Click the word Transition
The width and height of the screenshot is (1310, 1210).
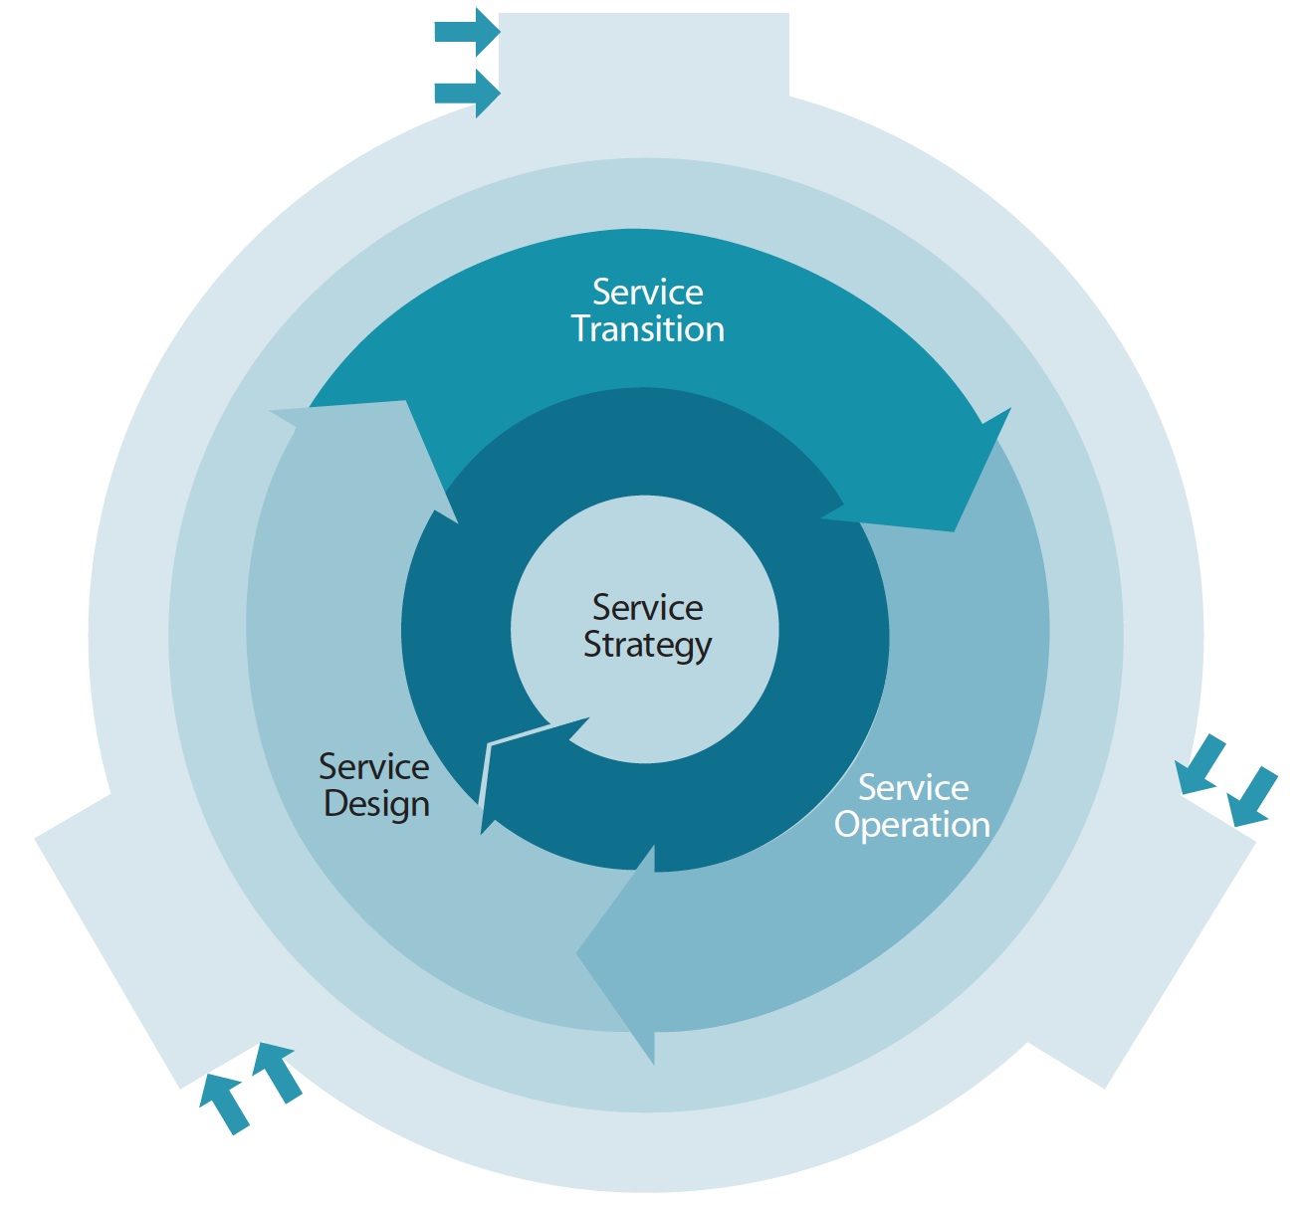[x=648, y=329]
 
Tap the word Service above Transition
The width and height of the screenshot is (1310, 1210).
[x=648, y=293]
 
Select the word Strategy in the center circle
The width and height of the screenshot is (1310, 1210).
[x=648, y=646]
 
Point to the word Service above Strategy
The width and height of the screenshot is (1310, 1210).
[x=648, y=608]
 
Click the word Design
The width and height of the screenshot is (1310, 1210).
[x=377, y=804]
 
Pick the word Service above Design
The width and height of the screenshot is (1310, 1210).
[x=374, y=767]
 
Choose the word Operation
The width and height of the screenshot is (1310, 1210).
[x=912, y=825]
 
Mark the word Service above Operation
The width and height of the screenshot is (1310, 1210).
[x=914, y=788]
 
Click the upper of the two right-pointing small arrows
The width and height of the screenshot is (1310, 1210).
[x=467, y=32]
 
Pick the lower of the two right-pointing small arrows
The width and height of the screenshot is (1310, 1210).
[x=467, y=94]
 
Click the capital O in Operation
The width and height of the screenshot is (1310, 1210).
[x=847, y=824]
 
